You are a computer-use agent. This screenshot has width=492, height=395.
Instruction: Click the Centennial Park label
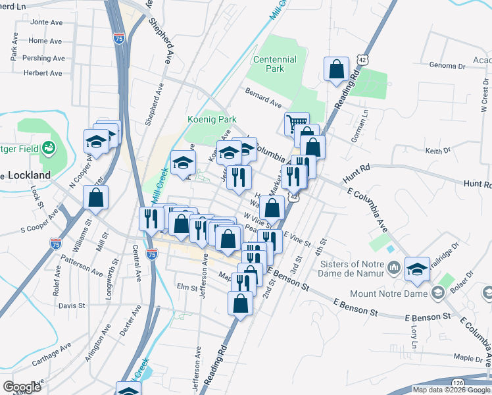(275, 64)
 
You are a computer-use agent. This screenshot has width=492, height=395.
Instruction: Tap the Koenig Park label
(211, 120)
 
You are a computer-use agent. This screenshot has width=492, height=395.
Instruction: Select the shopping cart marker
(297, 122)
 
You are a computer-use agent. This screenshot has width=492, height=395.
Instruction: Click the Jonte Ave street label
(45, 22)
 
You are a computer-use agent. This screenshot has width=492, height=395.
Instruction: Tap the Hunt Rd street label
(356, 174)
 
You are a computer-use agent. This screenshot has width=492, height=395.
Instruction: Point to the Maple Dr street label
(468, 357)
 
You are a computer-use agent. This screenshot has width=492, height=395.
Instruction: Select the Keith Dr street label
(437, 151)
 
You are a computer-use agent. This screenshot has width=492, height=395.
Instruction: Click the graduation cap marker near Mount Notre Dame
(417, 268)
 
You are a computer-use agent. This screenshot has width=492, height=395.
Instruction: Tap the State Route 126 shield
(459, 382)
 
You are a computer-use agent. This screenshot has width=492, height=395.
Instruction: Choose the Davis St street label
(72, 305)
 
